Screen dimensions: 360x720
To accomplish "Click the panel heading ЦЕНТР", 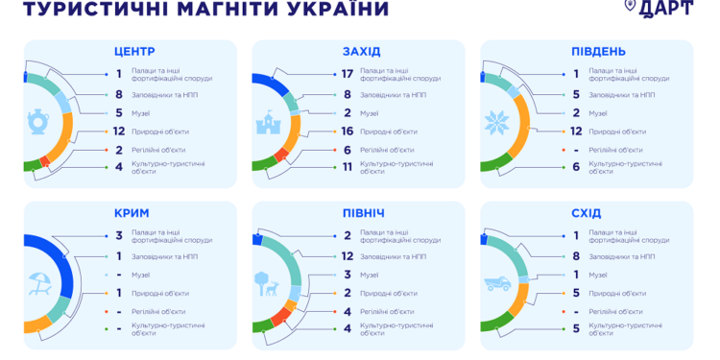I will click(134, 51).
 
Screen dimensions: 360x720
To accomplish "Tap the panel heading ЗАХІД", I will click(361, 51).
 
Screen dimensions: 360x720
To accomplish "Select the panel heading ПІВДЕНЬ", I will click(598, 51).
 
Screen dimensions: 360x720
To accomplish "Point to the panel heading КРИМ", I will click(131, 212).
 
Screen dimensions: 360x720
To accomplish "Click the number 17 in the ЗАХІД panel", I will click(347, 74).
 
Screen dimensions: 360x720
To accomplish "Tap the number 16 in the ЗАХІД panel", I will click(347, 131).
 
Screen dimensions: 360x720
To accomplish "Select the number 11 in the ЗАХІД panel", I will click(347, 167).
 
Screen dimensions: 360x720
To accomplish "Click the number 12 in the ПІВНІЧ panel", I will click(347, 256).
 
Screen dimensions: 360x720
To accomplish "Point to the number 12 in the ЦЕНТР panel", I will click(119, 131).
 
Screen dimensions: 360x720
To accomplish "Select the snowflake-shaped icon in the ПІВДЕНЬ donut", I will click(498, 123).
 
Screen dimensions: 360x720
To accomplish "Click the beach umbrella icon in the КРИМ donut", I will click(41, 283).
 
